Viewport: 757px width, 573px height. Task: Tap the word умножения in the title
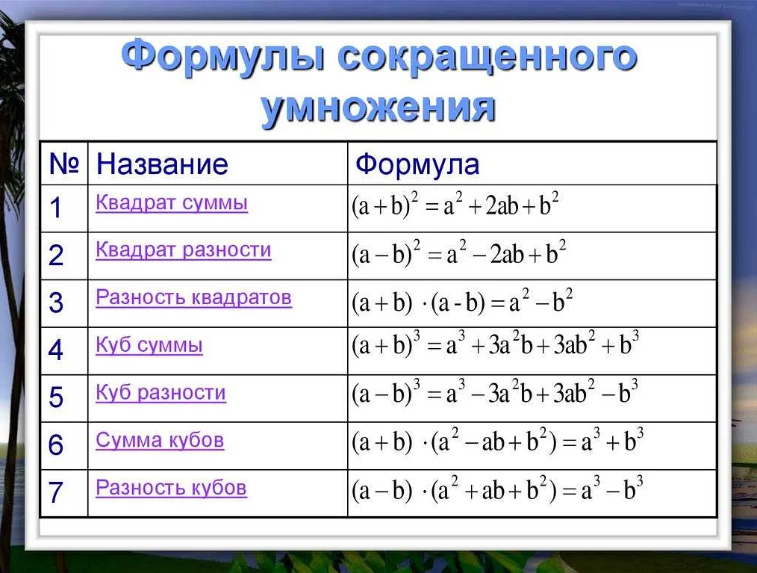tap(378, 106)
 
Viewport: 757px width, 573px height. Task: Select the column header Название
tap(162, 164)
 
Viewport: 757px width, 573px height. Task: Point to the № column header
tap(63, 164)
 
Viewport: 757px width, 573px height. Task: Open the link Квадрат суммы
tap(172, 202)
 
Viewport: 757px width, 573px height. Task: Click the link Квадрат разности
tap(183, 250)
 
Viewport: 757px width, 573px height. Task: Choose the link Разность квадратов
tap(193, 297)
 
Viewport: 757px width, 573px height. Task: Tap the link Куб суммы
tap(149, 345)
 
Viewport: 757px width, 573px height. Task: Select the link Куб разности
tap(161, 392)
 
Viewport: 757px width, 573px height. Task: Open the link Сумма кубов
tap(160, 440)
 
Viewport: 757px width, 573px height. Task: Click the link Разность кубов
tap(171, 488)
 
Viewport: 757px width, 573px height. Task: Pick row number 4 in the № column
tap(56, 350)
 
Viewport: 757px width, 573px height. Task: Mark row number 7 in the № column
tap(56, 493)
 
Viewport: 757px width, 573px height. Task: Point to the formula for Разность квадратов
tap(462, 303)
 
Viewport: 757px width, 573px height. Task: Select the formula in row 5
tap(495, 394)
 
